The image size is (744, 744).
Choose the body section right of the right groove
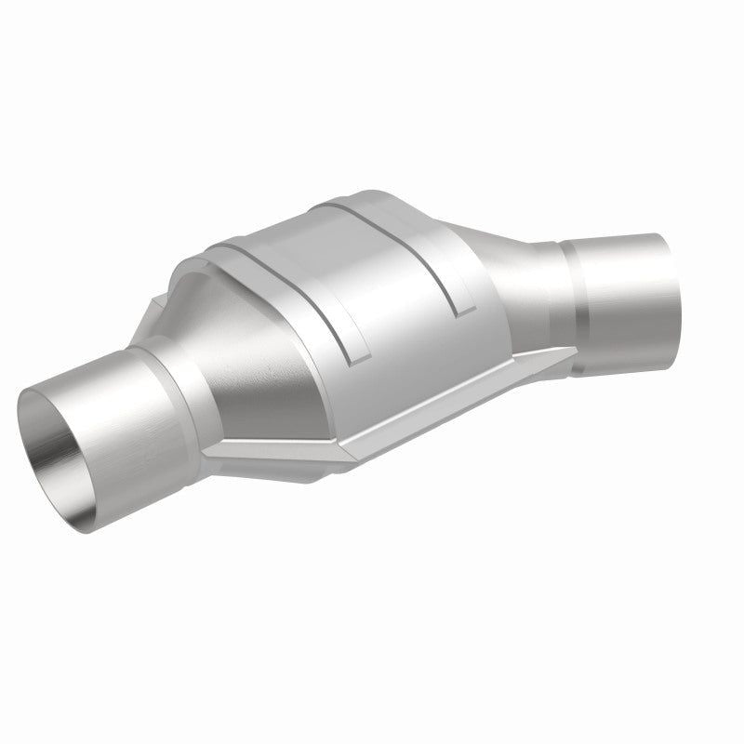pyautogui.click(x=484, y=251)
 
